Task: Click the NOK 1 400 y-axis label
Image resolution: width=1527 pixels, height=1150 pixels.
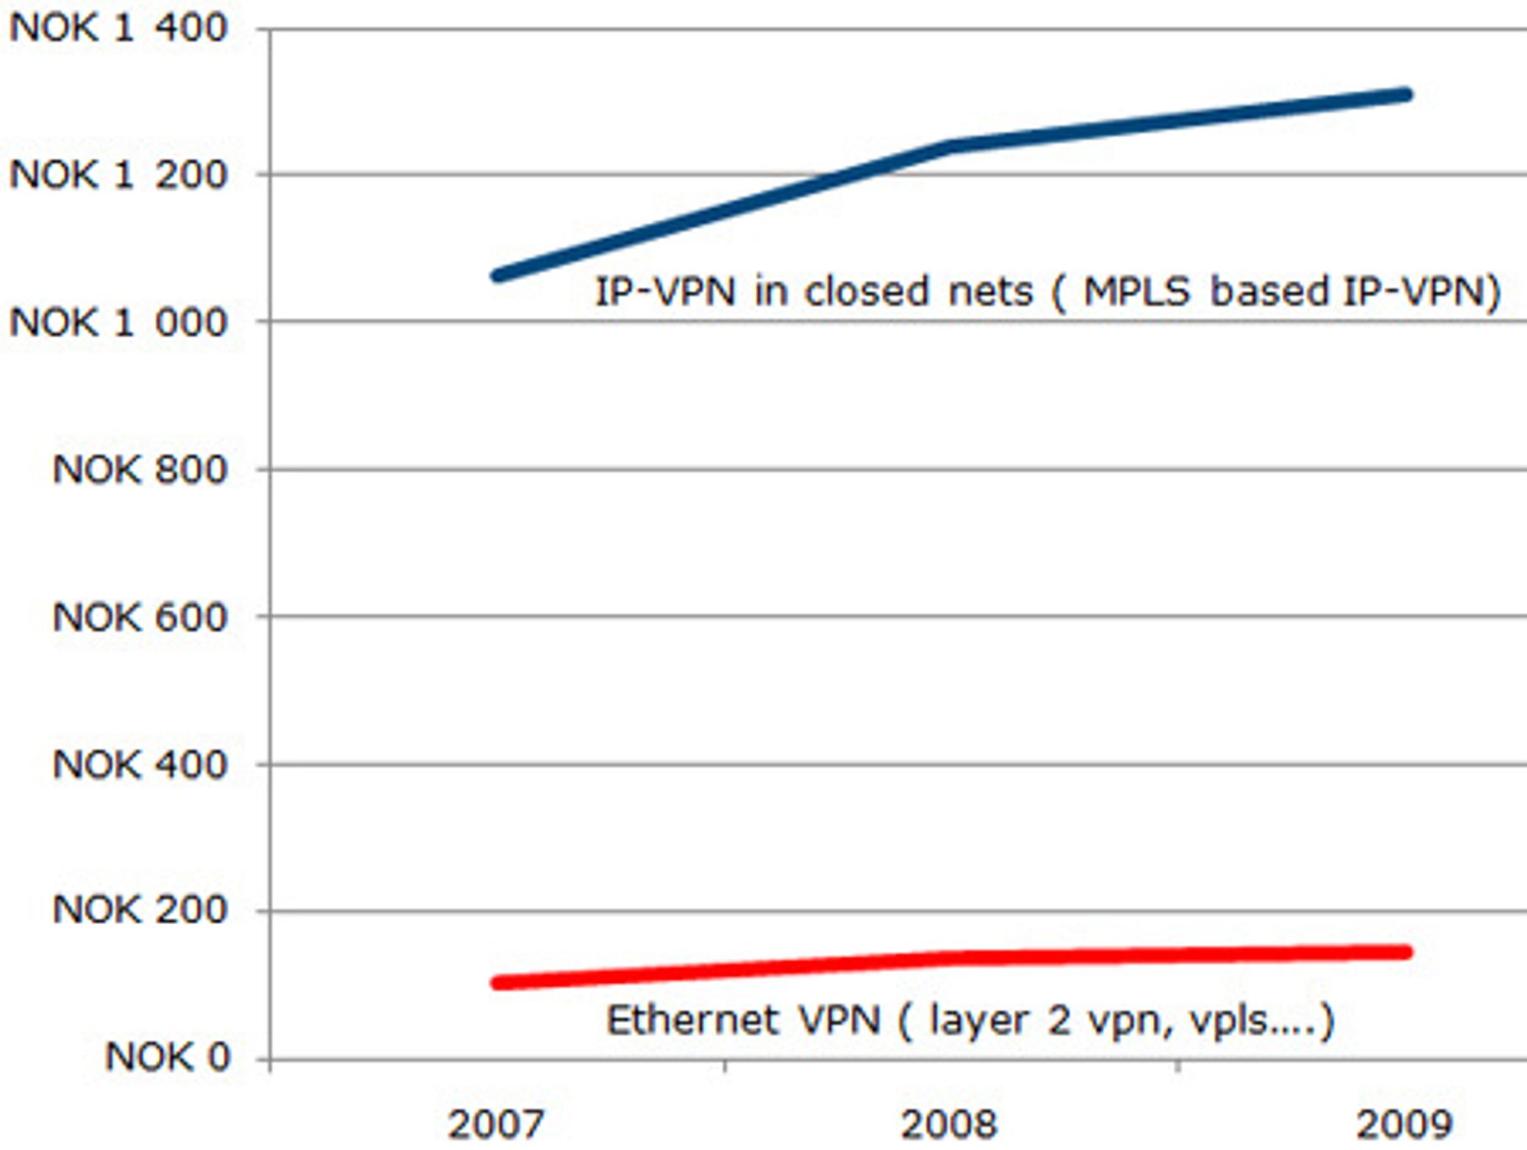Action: [x=118, y=28]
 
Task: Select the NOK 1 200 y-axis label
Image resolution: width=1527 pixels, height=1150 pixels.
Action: [x=118, y=175]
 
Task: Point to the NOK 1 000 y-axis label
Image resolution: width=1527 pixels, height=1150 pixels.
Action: [x=118, y=322]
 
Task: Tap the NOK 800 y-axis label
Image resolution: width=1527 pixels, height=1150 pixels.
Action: [x=140, y=469]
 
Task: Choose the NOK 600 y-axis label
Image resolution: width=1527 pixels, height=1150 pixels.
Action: [x=140, y=617]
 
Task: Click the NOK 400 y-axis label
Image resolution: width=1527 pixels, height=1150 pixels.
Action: [x=140, y=764]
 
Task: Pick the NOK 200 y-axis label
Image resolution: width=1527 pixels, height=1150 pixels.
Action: [x=140, y=910]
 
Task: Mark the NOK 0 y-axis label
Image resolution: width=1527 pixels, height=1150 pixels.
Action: [x=167, y=1058]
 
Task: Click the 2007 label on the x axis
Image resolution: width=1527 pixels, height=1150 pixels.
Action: [x=496, y=1124]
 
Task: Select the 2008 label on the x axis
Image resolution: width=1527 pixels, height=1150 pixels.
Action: [x=949, y=1124]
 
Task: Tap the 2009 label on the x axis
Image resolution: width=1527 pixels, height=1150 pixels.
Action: [x=1403, y=1124]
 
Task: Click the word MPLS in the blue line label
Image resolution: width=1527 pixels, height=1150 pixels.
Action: [x=1136, y=292]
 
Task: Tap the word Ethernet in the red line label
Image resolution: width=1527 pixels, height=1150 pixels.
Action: [x=692, y=1021]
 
